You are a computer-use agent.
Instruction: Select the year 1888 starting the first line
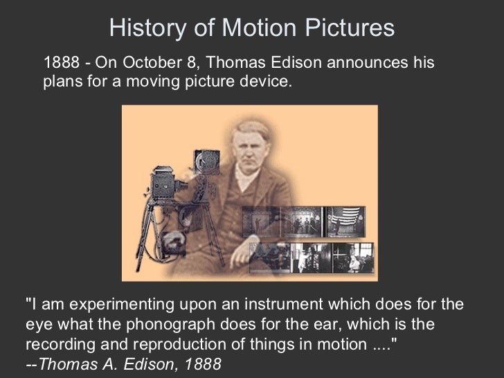(60, 64)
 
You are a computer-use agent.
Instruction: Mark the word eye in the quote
(37, 325)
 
